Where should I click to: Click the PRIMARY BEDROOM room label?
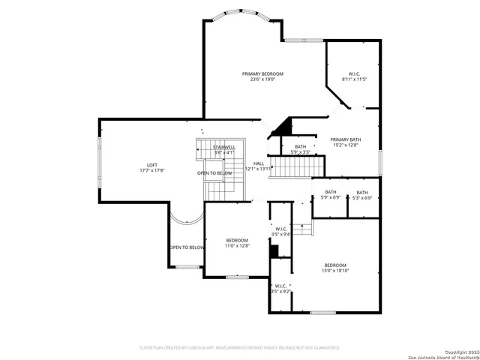tap(262, 73)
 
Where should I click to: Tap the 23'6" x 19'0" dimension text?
tap(262, 79)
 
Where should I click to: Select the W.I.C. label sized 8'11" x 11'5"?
tap(354, 73)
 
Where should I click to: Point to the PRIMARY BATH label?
tap(346, 139)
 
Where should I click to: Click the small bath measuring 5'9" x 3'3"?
tap(300, 149)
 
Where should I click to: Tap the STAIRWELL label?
tap(224, 148)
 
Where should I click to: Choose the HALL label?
tap(258, 163)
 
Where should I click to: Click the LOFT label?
tap(151, 165)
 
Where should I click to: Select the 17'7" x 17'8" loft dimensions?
tap(151, 171)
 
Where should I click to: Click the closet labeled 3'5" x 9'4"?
tap(281, 231)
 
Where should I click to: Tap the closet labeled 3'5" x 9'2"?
tap(280, 288)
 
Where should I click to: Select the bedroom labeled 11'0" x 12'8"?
tap(237, 243)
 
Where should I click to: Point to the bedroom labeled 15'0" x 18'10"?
tap(335, 268)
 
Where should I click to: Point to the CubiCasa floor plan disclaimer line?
tap(240, 348)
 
